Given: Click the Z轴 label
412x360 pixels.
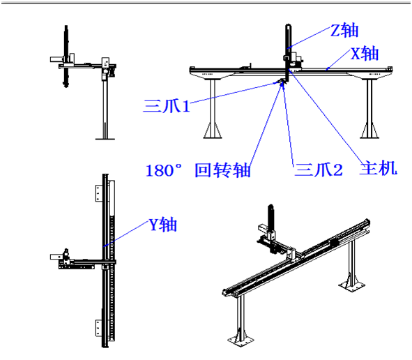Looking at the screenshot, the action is pyautogui.click(x=344, y=31).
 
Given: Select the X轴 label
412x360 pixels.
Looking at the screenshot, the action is pyautogui.click(x=365, y=54).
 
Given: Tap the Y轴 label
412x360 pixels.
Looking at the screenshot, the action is pyautogui.click(x=163, y=225).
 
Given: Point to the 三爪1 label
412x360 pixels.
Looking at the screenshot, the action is pyautogui.click(x=167, y=106).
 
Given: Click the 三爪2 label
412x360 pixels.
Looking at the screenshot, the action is pyautogui.click(x=319, y=170).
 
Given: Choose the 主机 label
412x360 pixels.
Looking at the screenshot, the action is pyautogui.click(x=378, y=168).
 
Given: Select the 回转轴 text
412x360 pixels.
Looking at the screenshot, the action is pyautogui.click(x=222, y=170).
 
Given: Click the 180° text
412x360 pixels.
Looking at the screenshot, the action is pyautogui.click(x=163, y=170).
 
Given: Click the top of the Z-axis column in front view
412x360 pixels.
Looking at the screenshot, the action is pyautogui.click(x=288, y=26).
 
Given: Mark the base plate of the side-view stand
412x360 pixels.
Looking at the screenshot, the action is pyautogui.click(x=105, y=138).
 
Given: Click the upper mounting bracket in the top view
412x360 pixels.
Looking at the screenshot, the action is pyautogui.click(x=99, y=193).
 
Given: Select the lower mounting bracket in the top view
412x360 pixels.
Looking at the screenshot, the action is pyautogui.click(x=99, y=328).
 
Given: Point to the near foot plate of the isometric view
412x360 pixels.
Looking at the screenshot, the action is pyautogui.click(x=241, y=341).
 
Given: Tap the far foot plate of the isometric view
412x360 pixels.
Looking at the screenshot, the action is pyautogui.click(x=351, y=285).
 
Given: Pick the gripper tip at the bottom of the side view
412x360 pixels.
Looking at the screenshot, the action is pyautogui.click(x=66, y=84).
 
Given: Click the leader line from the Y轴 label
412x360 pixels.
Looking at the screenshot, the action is pyautogui.click(x=126, y=234).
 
